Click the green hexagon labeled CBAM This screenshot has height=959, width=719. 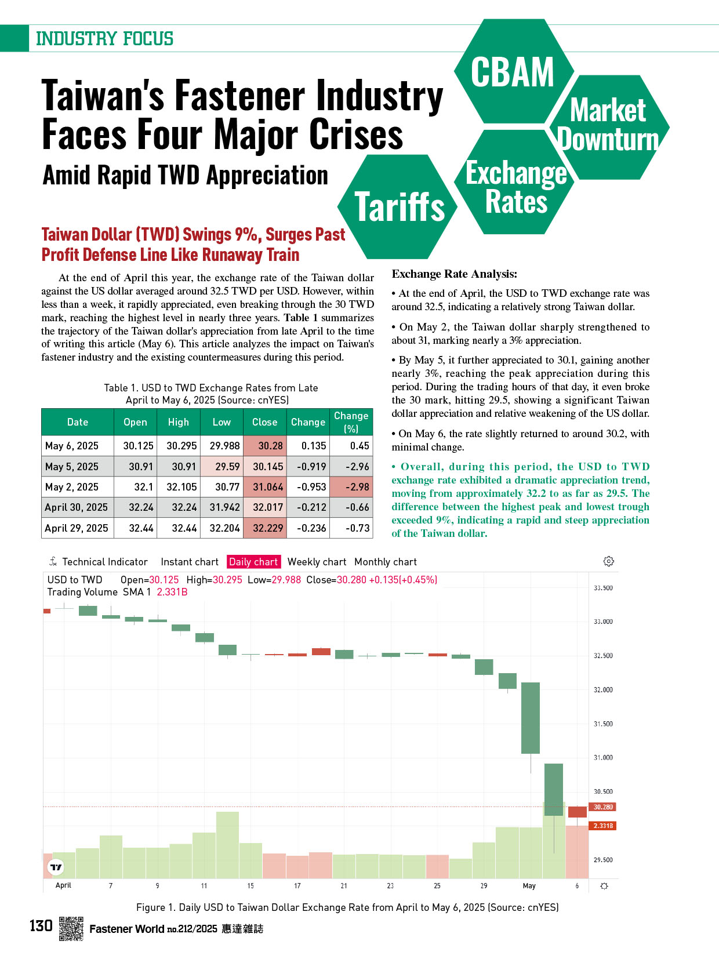pos(514,71)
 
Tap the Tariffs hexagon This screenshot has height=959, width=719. pos(398,206)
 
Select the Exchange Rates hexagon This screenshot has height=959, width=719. pos(514,181)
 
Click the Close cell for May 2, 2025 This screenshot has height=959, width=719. pos(265,486)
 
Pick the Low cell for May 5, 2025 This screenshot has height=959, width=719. pos(222,467)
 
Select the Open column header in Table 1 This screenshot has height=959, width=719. pos(135,422)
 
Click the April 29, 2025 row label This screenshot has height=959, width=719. pos(77,528)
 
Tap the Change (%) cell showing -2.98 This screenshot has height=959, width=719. pos(351,486)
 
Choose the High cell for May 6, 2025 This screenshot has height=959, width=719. pos(178,446)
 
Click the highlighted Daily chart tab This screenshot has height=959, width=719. pos(253,561)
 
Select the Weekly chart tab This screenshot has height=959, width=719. pos(317,561)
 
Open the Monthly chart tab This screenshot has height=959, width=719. pos(385,561)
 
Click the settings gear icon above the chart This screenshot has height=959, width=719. pos(608,561)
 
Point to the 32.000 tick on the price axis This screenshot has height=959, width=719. pos(603,690)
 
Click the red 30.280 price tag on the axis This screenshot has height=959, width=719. pos(602,807)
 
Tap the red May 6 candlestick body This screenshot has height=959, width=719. pos(577,812)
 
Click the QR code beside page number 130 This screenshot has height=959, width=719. pos(71,928)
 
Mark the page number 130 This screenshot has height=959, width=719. pos(41,926)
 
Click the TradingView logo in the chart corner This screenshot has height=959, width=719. pos(56,867)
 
